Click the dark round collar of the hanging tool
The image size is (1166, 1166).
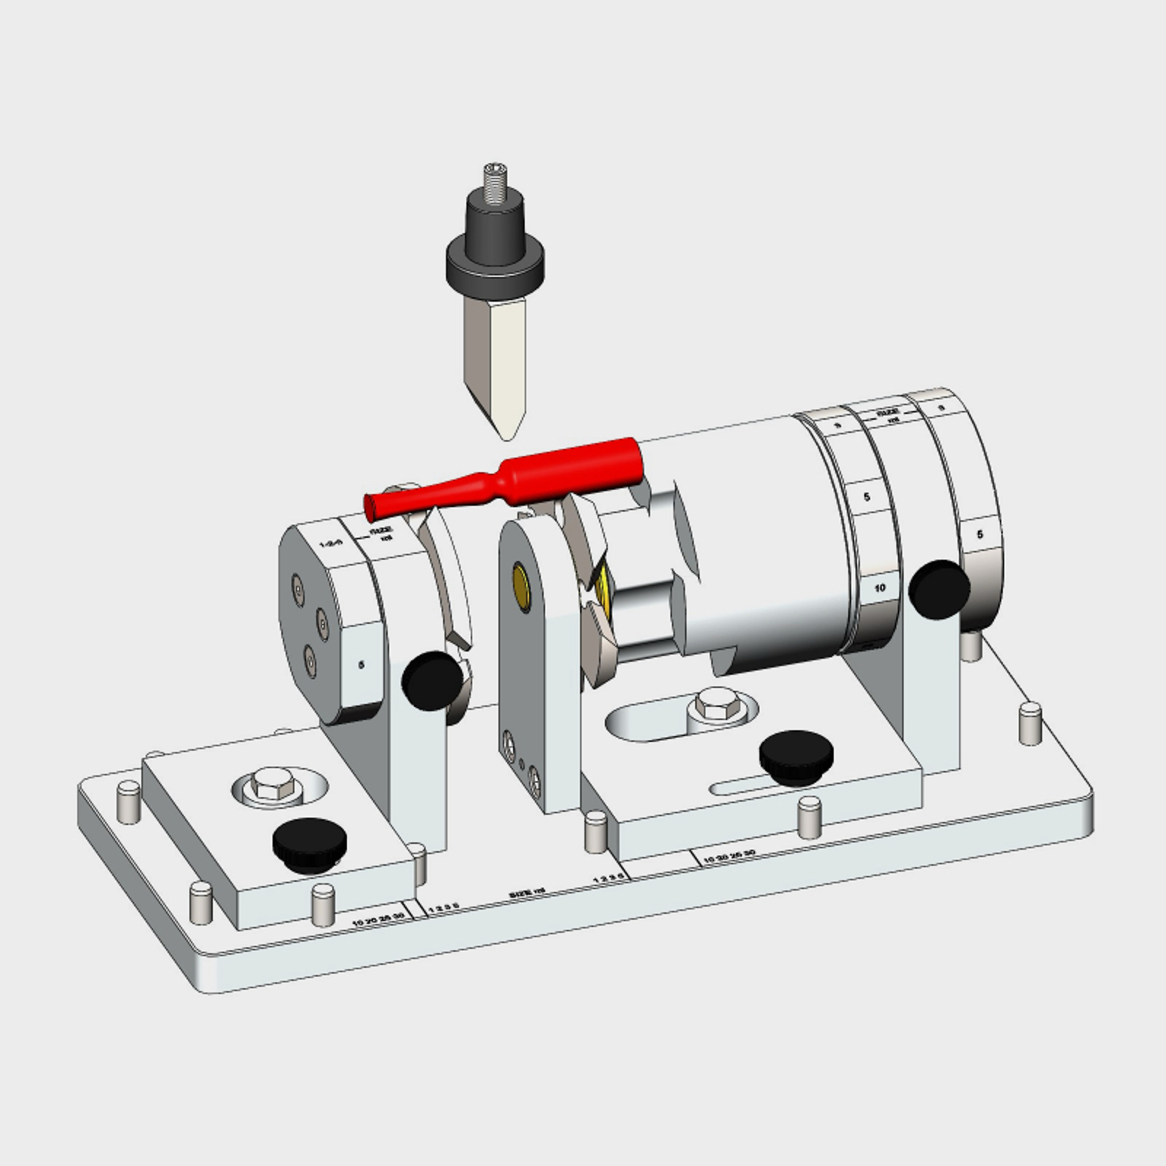(495, 266)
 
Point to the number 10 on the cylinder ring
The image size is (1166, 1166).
(880, 587)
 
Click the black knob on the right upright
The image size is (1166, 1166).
(940, 589)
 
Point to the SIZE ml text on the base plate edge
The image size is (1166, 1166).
(528, 891)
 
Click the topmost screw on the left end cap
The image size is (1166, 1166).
(297, 584)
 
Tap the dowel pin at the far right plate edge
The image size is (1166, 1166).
(1030, 722)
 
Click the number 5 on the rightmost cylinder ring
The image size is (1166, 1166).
(979, 534)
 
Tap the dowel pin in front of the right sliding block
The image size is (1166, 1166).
(807, 816)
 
